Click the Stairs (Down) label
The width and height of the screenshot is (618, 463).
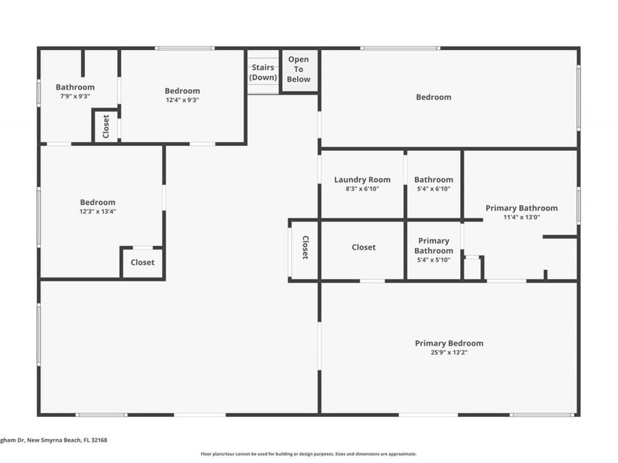[x=263, y=72]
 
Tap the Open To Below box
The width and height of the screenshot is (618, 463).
[x=299, y=69]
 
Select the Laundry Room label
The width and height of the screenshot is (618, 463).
[x=362, y=180]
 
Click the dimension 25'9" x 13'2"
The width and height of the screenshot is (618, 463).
[x=448, y=353]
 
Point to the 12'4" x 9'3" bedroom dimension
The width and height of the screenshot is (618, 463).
[x=182, y=100]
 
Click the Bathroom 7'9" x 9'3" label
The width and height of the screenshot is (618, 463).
[x=75, y=87]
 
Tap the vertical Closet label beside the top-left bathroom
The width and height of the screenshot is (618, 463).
[x=106, y=126]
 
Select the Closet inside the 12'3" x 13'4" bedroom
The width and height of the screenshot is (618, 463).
[x=142, y=262]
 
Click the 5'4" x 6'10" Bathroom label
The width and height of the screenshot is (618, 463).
[x=433, y=180]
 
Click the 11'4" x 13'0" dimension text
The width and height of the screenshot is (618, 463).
[x=521, y=217]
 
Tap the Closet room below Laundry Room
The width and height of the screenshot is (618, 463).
[x=363, y=247]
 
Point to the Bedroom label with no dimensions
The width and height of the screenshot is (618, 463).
[x=433, y=97]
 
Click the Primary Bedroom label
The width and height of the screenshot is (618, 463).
[x=448, y=343]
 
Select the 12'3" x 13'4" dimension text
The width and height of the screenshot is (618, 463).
[x=98, y=211]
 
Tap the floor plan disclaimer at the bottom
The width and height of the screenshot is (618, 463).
[x=308, y=453]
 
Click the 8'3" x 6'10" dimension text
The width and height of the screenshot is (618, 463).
[x=362, y=189]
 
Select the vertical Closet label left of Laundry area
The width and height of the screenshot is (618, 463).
[x=305, y=248]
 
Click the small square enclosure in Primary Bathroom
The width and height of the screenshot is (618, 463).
[x=472, y=268]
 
